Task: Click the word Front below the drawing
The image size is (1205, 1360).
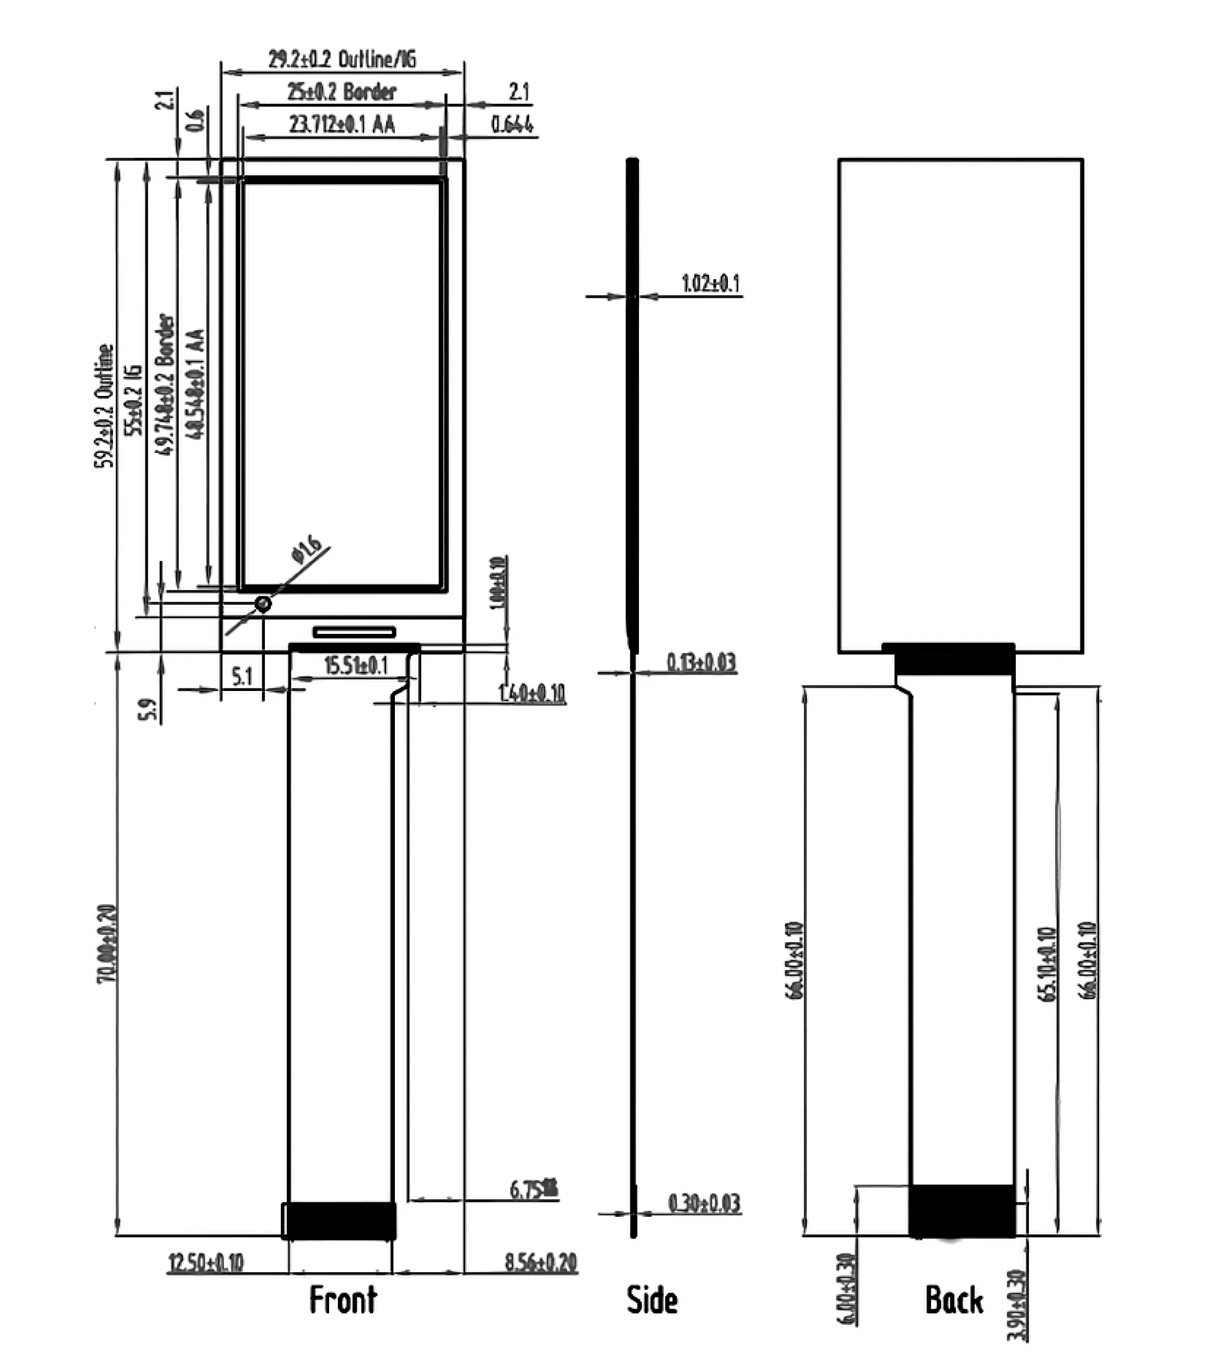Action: coord(343,1300)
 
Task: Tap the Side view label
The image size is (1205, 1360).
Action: coord(652,1300)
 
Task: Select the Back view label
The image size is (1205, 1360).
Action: coord(953,1300)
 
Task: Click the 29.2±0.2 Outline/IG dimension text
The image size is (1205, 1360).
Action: coord(342,59)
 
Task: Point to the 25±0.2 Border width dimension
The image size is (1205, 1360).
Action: coord(341,91)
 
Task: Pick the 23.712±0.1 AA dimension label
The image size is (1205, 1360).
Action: coord(341,124)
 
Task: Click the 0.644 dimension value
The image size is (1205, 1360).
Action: coord(512,124)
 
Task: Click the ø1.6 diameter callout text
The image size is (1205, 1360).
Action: coord(306,549)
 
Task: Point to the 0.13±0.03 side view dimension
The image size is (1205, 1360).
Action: coord(701,662)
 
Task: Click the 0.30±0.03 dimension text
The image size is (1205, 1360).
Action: coord(704,1203)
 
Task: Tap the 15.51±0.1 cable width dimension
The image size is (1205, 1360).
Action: coord(355,665)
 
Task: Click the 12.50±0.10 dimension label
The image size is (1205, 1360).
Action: coord(206,1262)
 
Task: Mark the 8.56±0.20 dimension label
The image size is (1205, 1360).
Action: coord(540,1262)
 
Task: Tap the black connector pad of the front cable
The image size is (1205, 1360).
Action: coord(341,1220)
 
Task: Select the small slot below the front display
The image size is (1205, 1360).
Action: coord(354,631)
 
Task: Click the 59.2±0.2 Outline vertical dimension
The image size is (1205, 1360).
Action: coord(104,406)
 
